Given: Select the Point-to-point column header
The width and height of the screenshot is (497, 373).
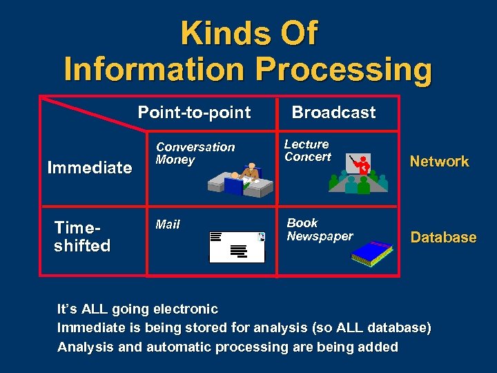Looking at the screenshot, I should [194, 113].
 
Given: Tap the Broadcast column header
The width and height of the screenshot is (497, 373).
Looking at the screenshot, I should [333, 113].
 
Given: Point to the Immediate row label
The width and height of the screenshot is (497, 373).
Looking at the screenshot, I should [89, 167].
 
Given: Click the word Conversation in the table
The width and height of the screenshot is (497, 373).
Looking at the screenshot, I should [195, 147].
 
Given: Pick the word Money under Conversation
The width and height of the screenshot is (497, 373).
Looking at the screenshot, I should [175, 160].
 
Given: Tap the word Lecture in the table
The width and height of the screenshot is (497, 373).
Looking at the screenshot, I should [306, 144].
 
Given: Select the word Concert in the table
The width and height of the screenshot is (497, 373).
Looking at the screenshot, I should [308, 157].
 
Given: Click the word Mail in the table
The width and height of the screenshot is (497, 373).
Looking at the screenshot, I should [168, 224].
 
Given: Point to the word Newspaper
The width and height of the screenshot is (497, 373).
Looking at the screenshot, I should [320, 236].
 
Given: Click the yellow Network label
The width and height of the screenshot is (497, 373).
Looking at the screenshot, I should [439, 162].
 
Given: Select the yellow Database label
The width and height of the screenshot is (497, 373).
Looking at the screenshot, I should [443, 238].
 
